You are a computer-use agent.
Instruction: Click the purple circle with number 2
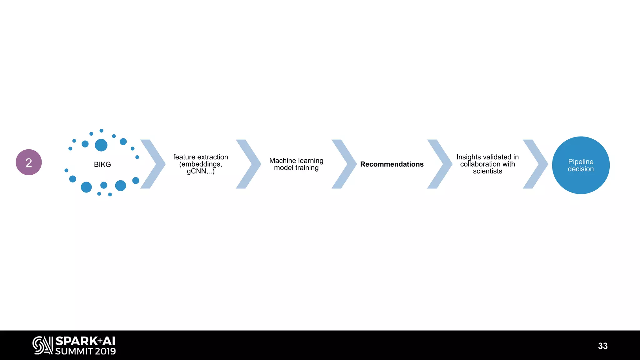29,162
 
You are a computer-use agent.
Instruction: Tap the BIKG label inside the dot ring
102,164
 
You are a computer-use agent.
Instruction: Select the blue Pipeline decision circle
581,165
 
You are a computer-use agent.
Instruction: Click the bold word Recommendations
392,164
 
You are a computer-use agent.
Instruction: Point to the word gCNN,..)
201,171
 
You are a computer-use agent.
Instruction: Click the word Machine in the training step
282,161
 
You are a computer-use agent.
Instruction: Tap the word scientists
487,171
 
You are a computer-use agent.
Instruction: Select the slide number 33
603,346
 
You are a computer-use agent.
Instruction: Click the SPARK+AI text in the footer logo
85,341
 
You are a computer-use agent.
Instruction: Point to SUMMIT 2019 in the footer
85,351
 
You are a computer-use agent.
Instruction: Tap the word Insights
468,157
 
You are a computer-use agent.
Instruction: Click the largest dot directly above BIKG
101,145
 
